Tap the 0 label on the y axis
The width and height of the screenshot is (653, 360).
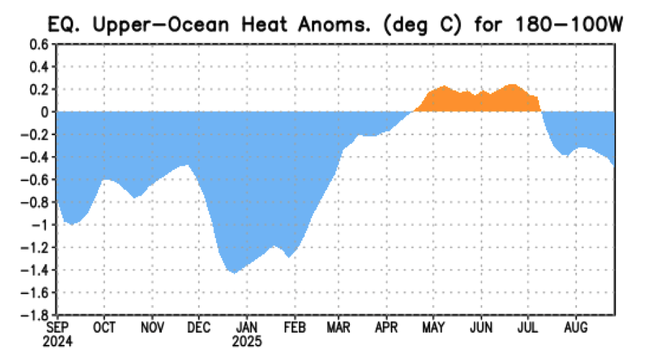[45, 112]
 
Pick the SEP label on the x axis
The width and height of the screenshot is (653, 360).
[57, 328]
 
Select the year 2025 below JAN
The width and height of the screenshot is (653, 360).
[247, 340]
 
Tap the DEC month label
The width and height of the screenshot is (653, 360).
[199, 328]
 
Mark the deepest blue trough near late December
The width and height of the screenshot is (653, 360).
[234, 272]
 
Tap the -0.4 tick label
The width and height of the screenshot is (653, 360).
[37, 157]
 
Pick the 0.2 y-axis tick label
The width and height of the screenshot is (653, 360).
[40, 89]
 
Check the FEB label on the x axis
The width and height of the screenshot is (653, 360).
[295, 328]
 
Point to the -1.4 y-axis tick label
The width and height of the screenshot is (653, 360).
[37, 270]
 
